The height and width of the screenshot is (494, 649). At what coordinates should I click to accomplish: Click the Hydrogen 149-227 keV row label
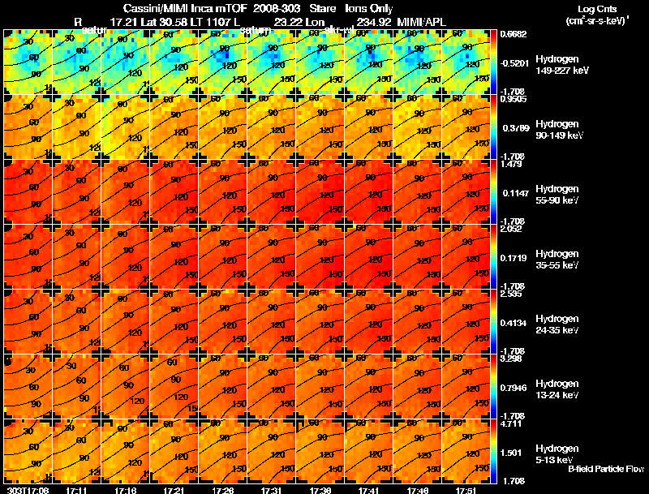point(557,64)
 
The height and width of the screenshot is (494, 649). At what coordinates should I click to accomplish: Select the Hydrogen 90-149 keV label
point(557,129)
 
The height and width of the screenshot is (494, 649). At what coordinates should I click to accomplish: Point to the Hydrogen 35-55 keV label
point(557,259)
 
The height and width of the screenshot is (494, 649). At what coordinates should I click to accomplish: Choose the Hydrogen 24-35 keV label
point(557,324)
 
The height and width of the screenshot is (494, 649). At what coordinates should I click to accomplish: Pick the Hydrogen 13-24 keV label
point(557,389)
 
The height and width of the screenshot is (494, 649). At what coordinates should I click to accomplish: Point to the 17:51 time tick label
point(466,490)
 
